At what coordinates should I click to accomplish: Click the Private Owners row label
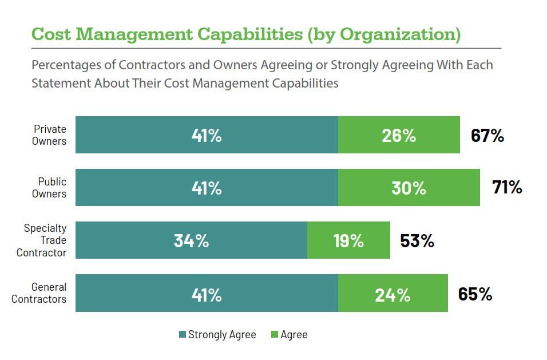[49, 135]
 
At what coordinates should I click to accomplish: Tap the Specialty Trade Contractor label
[42, 240]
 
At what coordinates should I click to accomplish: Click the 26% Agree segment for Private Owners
[399, 135]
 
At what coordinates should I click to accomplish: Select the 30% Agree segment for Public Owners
[409, 188]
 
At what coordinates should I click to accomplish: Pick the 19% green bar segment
[348, 240]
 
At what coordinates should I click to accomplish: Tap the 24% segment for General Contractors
[393, 293]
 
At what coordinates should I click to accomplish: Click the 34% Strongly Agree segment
[191, 240]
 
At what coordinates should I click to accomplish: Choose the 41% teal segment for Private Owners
[207, 135]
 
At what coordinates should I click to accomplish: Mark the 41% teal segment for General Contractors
[207, 293]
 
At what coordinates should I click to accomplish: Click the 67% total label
[487, 136]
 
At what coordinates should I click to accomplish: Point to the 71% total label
[507, 187]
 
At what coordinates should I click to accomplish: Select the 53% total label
[417, 241]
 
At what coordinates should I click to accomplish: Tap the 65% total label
[475, 294]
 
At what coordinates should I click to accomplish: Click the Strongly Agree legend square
[183, 335]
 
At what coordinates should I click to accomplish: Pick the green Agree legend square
[275, 335]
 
